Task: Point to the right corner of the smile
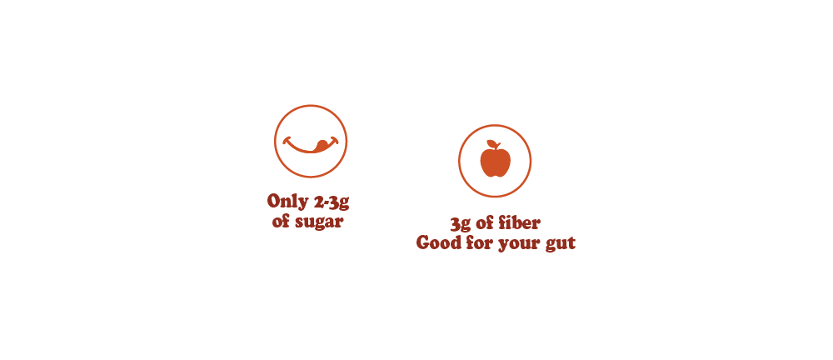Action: (x=335, y=138)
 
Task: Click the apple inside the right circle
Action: (x=495, y=162)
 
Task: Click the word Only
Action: (x=284, y=202)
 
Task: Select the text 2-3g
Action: (x=327, y=202)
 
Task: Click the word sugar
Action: (x=320, y=223)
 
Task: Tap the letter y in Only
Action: (x=297, y=203)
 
